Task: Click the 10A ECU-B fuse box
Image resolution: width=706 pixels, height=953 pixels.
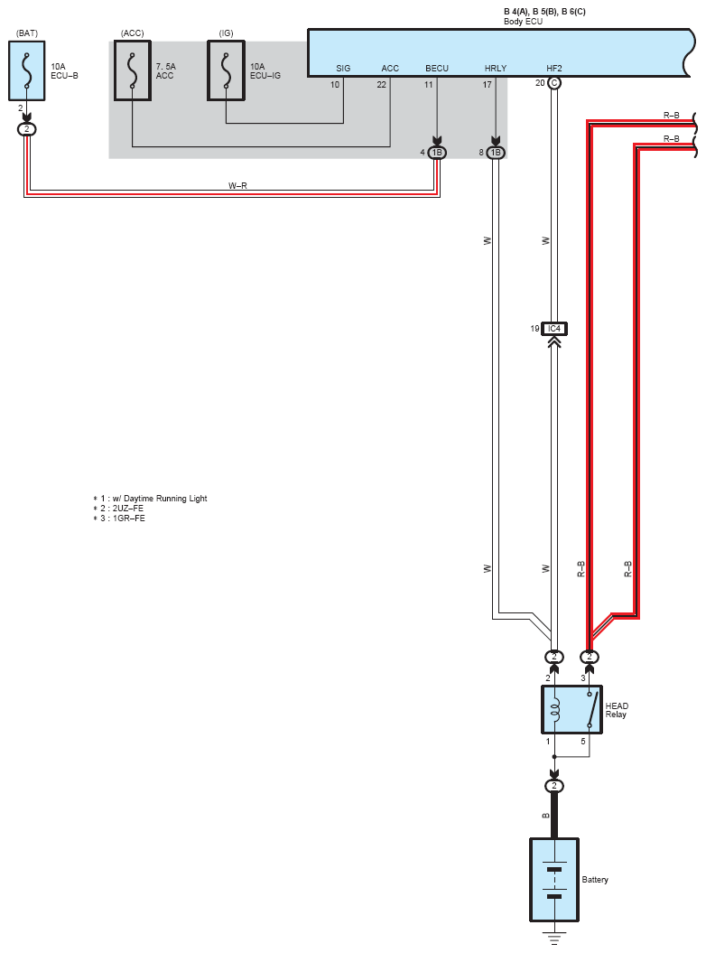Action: coord(27,70)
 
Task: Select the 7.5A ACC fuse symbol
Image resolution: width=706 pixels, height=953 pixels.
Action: coord(133,70)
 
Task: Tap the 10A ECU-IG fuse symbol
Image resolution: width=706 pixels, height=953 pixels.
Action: coord(226,70)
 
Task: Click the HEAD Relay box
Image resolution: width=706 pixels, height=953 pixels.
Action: coord(571,710)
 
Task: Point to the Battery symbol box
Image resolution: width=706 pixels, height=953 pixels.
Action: coord(554,880)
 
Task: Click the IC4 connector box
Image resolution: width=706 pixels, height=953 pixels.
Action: coord(554,329)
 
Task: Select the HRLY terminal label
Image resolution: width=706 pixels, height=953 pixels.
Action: coord(495,68)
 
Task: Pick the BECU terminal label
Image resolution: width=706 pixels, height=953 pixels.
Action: coord(437,68)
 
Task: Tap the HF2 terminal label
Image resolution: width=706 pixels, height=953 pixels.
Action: coord(554,68)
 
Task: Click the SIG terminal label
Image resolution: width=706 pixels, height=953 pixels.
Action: coord(343,68)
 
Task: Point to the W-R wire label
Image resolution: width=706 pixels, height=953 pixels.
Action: coord(237,185)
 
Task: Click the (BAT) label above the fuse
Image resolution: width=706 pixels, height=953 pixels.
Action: coord(27,33)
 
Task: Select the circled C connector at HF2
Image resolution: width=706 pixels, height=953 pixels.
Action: coord(554,83)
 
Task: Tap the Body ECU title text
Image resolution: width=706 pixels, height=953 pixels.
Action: coord(523,22)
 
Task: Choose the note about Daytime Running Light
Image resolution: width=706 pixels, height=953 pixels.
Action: coord(150,499)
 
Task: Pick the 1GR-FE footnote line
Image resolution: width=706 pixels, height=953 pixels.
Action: coord(119,519)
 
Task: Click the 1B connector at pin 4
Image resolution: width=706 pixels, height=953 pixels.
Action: coord(437,153)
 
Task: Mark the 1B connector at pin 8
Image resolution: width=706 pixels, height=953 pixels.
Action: coord(495,153)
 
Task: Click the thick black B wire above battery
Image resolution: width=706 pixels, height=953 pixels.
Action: coord(554,815)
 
